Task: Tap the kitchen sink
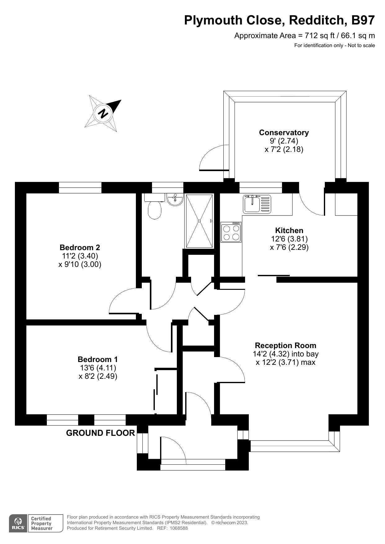[257, 204]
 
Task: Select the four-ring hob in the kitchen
[231, 232]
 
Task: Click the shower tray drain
[199, 221]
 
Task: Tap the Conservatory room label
[284, 133]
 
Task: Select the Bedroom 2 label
[80, 248]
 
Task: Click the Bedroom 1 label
[98, 360]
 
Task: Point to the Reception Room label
[285, 346]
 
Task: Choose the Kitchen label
[289, 231]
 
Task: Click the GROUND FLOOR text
[101, 433]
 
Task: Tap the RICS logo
[18, 524]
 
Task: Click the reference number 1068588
[179, 528]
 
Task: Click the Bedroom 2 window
[80, 188]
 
